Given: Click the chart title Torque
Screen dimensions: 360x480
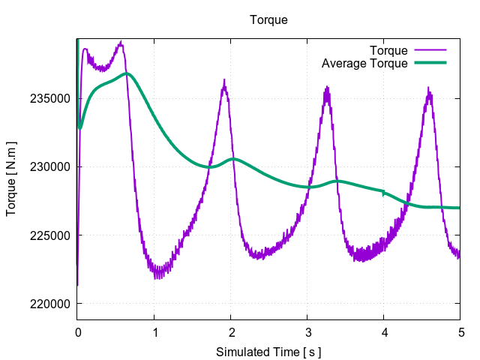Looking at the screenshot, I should [268, 20].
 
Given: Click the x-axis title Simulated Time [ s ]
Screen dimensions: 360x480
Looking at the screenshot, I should [268, 351].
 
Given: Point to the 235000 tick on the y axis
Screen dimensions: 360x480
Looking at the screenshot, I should [51, 98].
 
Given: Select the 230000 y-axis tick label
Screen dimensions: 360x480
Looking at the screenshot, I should [51, 166].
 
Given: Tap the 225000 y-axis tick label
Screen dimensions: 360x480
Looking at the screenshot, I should [51, 235].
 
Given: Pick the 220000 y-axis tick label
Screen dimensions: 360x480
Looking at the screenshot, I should [51, 304].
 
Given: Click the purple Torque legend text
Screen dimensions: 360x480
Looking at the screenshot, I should [388, 51].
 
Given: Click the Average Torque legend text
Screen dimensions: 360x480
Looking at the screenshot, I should [364, 63].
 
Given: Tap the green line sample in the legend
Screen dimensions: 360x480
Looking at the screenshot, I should [430, 63].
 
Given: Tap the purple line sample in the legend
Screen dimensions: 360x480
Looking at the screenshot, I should [430, 51].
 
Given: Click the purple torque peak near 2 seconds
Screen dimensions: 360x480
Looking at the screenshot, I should [223, 80].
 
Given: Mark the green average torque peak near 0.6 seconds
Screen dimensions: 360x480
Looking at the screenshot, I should [127, 73].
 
